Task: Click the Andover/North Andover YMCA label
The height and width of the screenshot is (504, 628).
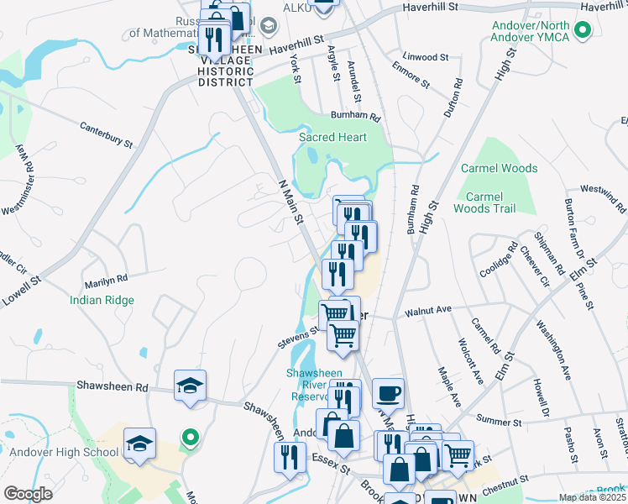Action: [x=531, y=31]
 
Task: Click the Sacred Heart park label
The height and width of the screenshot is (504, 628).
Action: [x=332, y=137]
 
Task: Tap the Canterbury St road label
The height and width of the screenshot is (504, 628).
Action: [x=107, y=136]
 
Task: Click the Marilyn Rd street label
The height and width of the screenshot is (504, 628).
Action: [x=105, y=278]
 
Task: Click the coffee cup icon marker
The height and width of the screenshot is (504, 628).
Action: [x=387, y=392]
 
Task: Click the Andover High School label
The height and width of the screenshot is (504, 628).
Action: [x=60, y=452]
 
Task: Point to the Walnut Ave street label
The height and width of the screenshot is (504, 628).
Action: [x=428, y=310]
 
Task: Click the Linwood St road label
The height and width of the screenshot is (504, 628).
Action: [x=426, y=57]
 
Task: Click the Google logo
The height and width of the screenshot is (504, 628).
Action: [x=28, y=494]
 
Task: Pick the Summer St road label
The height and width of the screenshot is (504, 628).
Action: [x=499, y=418]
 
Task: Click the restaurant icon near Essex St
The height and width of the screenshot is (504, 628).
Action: [x=287, y=457]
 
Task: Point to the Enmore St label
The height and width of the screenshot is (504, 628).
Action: [x=410, y=81]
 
